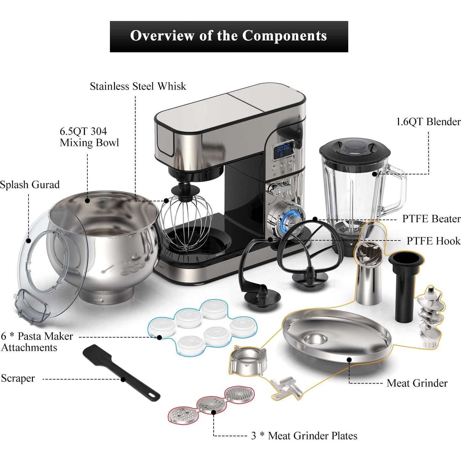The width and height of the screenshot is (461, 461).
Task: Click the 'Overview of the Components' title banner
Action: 229,36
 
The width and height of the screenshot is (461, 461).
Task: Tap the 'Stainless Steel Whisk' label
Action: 138,86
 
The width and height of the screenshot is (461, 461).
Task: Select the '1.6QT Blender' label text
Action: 428,122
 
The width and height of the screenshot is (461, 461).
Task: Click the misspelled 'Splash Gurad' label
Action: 30,185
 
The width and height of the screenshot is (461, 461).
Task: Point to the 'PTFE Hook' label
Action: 433,241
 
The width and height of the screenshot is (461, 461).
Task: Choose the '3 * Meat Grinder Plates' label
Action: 304,436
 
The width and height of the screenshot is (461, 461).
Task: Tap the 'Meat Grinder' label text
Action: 417,383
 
